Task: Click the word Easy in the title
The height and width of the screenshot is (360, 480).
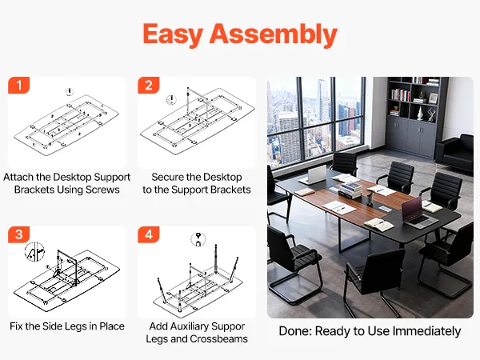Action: tap(173, 34)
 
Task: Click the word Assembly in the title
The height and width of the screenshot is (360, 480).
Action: tap(274, 34)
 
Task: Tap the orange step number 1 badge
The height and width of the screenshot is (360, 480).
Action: tap(19, 85)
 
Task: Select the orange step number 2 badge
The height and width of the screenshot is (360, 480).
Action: tap(149, 85)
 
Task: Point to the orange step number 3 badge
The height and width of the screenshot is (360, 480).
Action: tap(19, 234)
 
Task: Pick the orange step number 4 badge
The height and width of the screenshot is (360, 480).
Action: tap(149, 234)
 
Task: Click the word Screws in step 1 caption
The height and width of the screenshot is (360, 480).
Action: tap(102, 190)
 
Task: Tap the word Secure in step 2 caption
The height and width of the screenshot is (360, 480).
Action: tap(167, 177)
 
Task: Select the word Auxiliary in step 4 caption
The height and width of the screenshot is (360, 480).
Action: tap(190, 326)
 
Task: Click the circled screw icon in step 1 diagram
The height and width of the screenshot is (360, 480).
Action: tap(70, 92)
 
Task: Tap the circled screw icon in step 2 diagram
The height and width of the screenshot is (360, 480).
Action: tap(171, 99)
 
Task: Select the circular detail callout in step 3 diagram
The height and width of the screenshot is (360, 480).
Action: tap(34, 252)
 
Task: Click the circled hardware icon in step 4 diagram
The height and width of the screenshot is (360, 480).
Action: tap(198, 239)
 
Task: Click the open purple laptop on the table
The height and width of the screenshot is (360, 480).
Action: tap(418, 213)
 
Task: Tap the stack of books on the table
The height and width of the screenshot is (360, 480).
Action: tap(350, 190)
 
